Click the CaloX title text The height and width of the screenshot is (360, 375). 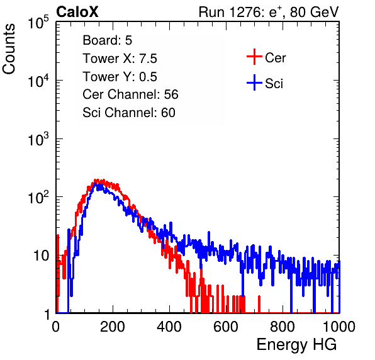[x=77, y=12]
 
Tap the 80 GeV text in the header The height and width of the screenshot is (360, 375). [x=314, y=12]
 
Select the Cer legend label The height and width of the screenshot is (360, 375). [x=275, y=58]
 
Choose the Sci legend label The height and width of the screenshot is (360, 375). [x=274, y=84]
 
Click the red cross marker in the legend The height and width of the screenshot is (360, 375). [x=254, y=57]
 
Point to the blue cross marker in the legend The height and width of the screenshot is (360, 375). [x=254, y=82]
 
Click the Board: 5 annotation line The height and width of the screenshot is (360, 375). [x=108, y=40]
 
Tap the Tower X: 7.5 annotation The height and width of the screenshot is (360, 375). [x=120, y=59]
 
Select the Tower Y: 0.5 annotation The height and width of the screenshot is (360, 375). [x=120, y=77]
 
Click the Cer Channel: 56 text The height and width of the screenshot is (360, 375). [x=130, y=94]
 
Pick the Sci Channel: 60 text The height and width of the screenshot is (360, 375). [x=129, y=113]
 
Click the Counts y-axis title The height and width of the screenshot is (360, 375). [x=9, y=49]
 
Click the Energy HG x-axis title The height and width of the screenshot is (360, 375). [x=296, y=345]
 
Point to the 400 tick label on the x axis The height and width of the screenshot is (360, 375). [x=169, y=327]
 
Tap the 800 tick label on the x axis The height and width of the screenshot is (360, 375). [x=283, y=327]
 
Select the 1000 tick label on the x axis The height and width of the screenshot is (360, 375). [x=339, y=327]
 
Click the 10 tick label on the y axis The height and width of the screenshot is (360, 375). [x=41, y=256]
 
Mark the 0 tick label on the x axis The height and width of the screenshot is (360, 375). [x=56, y=327]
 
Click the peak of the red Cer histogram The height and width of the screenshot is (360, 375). [x=96, y=180]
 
